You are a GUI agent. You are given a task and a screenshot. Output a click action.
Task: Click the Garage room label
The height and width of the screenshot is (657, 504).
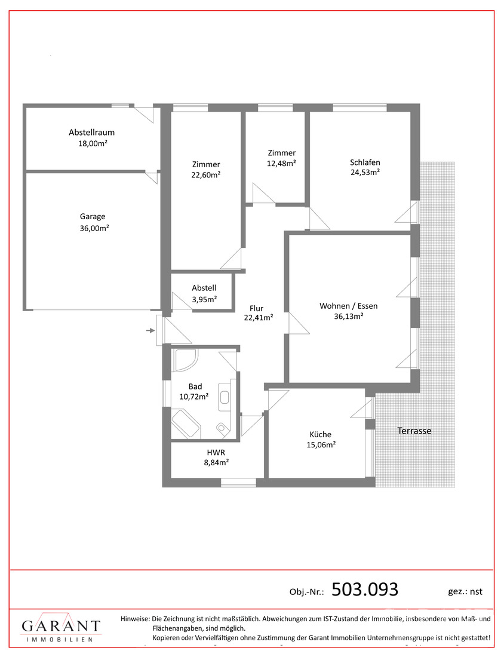(x=93, y=217)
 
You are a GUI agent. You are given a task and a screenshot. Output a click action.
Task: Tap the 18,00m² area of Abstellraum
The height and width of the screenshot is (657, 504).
(x=93, y=143)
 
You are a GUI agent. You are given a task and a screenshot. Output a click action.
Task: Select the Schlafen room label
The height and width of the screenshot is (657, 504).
(x=365, y=162)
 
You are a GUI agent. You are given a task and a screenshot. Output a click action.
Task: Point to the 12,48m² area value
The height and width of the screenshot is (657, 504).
(x=281, y=164)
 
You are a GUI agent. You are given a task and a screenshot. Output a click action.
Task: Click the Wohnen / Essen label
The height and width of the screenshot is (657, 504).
(x=349, y=306)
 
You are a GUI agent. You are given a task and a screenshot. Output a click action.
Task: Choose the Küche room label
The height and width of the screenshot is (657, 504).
(x=321, y=434)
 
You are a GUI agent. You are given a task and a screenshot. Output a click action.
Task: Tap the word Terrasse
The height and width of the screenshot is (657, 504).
(x=414, y=431)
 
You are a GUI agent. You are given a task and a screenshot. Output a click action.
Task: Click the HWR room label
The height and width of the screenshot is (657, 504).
(x=216, y=453)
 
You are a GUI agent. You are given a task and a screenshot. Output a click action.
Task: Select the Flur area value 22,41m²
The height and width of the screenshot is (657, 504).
(x=259, y=318)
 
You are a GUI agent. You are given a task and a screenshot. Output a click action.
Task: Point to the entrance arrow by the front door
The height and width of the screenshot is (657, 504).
(x=150, y=331)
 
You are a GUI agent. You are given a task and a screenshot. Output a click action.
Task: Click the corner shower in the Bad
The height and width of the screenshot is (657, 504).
(x=185, y=360)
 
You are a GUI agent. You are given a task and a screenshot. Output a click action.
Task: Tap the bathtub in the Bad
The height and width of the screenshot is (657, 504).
(x=186, y=423)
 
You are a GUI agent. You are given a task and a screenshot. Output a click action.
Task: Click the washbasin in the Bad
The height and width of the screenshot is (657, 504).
(x=225, y=397)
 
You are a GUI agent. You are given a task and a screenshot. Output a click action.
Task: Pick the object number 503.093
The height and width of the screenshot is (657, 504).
(x=364, y=590)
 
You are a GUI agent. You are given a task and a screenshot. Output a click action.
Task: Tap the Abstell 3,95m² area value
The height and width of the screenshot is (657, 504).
(x=204, y=299)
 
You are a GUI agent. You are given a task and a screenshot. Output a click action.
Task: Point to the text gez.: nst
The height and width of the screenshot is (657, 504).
(x=465, y=592)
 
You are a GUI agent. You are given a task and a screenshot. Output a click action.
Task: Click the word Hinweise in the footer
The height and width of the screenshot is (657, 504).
(x=135, y=618)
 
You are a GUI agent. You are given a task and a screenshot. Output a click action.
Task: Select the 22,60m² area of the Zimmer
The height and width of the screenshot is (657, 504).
(x=206, y=175)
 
